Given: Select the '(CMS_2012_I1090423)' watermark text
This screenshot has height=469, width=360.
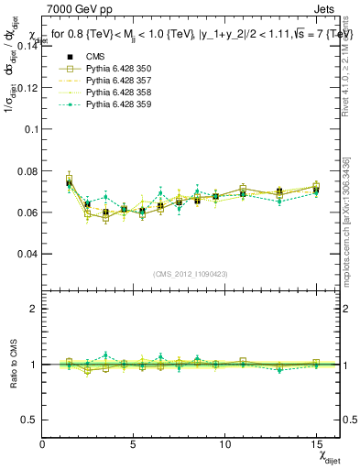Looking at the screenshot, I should click(191, 274).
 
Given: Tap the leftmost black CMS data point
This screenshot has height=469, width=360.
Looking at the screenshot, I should click(70, 183).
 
